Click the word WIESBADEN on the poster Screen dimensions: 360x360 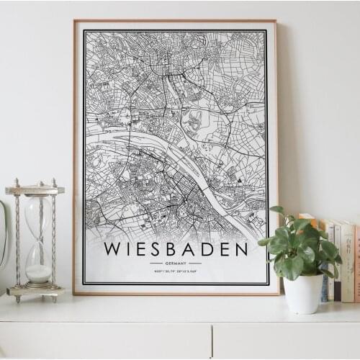point(176,249)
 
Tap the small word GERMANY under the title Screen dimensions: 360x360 point(176,264)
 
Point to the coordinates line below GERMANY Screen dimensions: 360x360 point(176,271)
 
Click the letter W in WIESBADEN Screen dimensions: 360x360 point(113,249)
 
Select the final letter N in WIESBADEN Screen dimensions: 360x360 point(240,249)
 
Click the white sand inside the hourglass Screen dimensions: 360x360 point(39,273)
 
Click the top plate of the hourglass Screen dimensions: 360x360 point(35,190)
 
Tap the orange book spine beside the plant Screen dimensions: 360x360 point(356,263)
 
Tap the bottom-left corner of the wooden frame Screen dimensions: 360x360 point(75,292)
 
